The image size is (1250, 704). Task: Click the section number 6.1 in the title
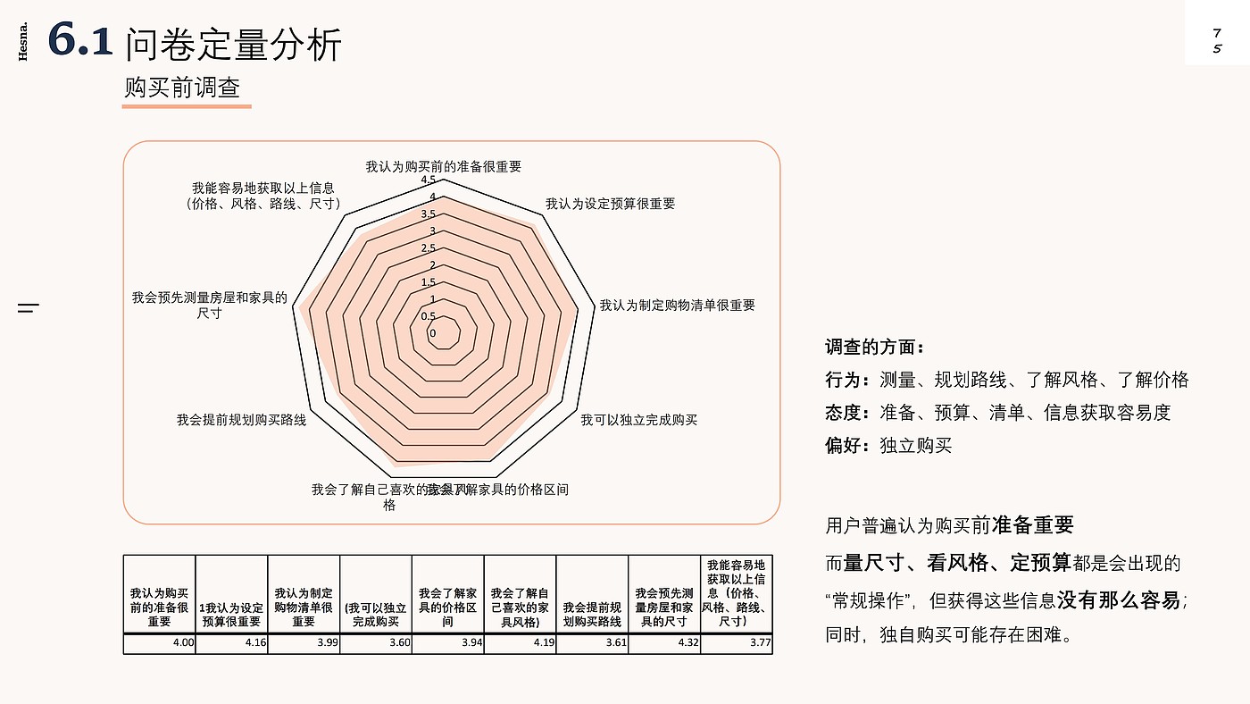tap(80, 42)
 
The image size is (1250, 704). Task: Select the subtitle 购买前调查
tap(182, 88)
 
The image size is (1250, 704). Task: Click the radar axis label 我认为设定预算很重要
tap(610, 204)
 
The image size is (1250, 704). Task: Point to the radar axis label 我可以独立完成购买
tap(638, 420)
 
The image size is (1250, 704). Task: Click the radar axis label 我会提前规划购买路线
tap(241, 420)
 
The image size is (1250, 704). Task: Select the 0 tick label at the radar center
tap(433, 334)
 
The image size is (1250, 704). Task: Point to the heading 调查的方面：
tap(875, 347)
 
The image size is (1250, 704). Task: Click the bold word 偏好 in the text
tap(842, 445)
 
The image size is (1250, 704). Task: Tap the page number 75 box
tap(1216, 40)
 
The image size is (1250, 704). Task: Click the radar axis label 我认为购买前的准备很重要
tap(443, 166)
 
